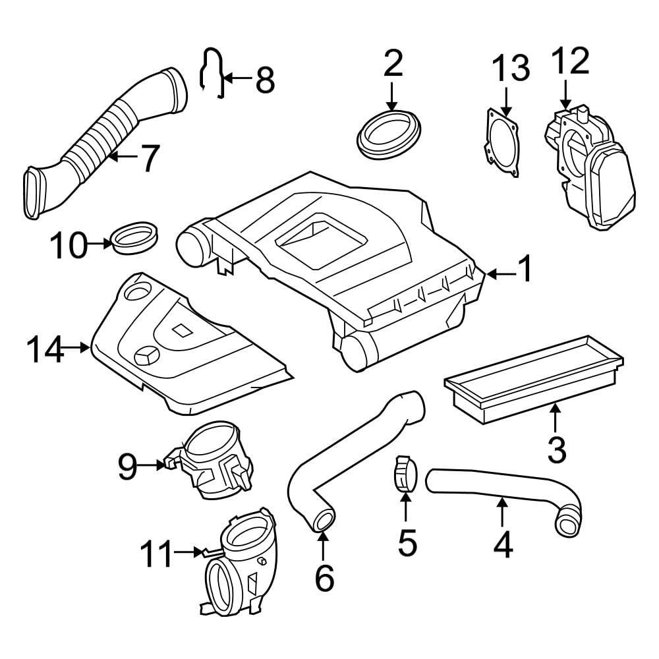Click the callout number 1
525,270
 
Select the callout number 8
264,80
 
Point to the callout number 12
570,62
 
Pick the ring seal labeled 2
389,136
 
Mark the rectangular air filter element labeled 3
534,379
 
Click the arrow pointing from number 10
101,244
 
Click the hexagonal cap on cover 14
146,356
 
